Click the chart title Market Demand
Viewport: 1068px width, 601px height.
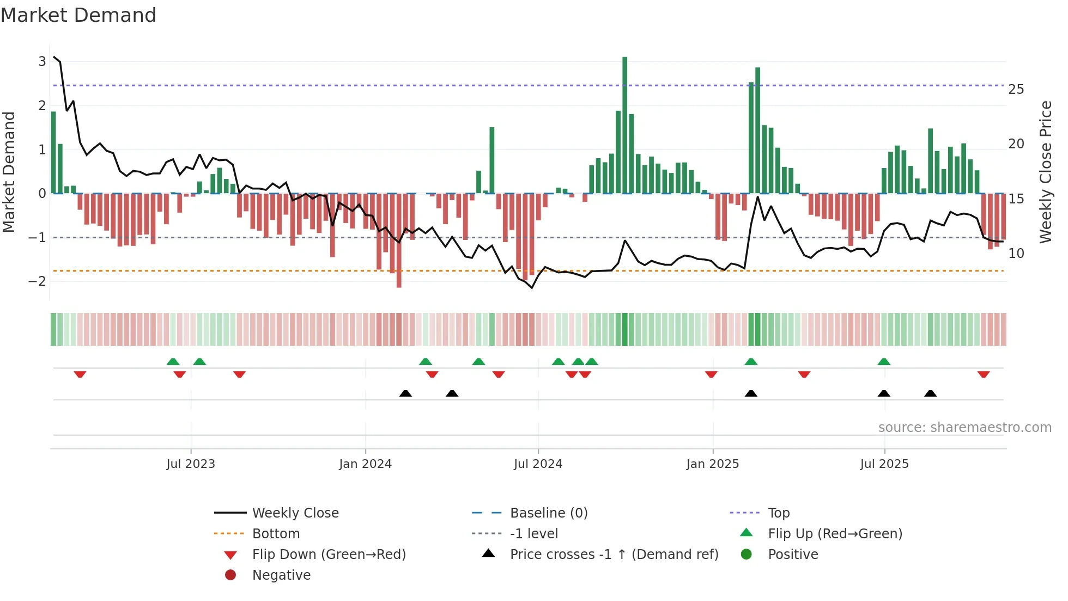coord(78,15)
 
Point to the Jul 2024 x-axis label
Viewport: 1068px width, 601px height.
coord(538,464)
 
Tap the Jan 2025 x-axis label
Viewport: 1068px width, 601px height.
coord(712,464)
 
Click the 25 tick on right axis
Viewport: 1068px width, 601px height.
coord(1016,89)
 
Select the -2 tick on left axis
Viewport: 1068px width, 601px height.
coord(38,281)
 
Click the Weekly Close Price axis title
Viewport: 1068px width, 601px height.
coord(1045,172)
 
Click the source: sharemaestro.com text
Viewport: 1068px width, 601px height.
coord(964,427)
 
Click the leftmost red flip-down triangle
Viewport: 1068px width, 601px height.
coord(80,374)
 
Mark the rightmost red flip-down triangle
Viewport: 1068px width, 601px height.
coord(984,374)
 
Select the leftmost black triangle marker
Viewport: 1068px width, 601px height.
coord(405,393)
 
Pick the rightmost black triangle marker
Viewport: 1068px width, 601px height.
coord(931,393)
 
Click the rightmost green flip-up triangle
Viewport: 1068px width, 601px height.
coord(884,362)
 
